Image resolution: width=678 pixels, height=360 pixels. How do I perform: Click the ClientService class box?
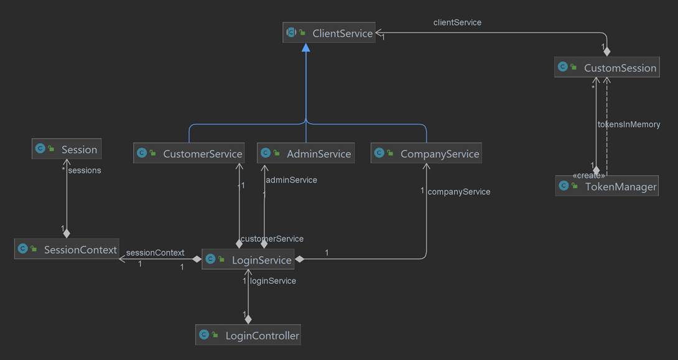click(329, 33)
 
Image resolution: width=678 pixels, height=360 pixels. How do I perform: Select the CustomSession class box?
click(606, 68)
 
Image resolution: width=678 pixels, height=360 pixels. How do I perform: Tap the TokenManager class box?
click(606, 187)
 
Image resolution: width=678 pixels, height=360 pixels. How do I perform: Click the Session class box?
click(67, 149)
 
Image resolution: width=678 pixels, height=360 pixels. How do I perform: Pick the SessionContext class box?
click(67, 250)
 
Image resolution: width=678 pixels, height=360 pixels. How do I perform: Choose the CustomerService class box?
click(188, 154)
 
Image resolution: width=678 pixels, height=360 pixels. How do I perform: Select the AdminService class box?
click(305, 154)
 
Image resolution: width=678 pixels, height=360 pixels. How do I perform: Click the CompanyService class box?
click(426, 154)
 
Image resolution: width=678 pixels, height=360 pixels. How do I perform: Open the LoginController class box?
click(248, 336)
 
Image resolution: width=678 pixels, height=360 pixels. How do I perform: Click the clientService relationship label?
click(457, 22)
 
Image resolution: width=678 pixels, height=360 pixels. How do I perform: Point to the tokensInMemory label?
click(628, 124)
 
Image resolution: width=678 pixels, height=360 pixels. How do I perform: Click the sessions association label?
click(85, 170)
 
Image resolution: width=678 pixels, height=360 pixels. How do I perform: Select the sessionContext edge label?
click(155, 253)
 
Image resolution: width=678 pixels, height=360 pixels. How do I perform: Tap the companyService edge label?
click(459, 192)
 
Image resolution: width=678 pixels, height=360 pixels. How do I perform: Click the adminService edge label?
click(291, 180)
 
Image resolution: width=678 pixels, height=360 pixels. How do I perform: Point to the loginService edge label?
click(273, 281)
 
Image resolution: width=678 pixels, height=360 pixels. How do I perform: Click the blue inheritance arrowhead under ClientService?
click(305, 48)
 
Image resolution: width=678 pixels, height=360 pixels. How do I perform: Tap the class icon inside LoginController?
click(204, 335)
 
